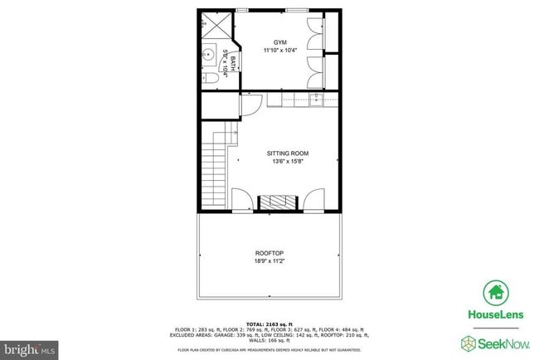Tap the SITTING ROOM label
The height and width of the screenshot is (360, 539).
[x=287, y=153]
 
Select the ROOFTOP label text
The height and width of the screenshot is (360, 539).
[x=269, y=254]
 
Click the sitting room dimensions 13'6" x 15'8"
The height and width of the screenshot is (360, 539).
[x=287, y=162]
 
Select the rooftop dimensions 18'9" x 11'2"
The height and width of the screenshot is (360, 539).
[x=269, y=262]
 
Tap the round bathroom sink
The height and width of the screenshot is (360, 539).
[x=208, y=56]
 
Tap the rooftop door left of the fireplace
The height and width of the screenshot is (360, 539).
[x=242, y=200]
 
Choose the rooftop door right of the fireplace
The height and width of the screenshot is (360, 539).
[x=313, y=200]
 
